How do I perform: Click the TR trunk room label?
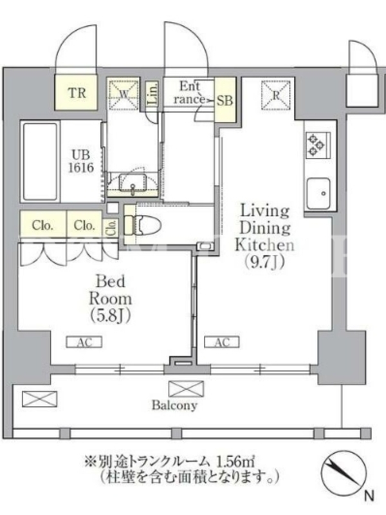click(x=77, y=93)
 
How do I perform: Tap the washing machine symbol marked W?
click(x=124, y=94)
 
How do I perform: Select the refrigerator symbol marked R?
click(x=276, y=95)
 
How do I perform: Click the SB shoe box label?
click(x=225, y=100)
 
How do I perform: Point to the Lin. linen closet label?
click(x=152, y=93)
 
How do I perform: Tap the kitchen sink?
click(x=318, y=194)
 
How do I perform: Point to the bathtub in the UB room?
click(x=40, y=162)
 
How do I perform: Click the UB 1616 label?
click(x=81, y=161)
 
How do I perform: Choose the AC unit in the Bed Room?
click(x=84, y=342)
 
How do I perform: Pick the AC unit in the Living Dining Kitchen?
click(x=222, y=342)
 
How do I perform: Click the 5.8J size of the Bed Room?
click(x=111, y=315)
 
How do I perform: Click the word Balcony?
click(x=174, y=406)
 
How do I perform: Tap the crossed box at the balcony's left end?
click(x=39, y=398)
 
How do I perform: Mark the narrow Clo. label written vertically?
click(x=112, y=227)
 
